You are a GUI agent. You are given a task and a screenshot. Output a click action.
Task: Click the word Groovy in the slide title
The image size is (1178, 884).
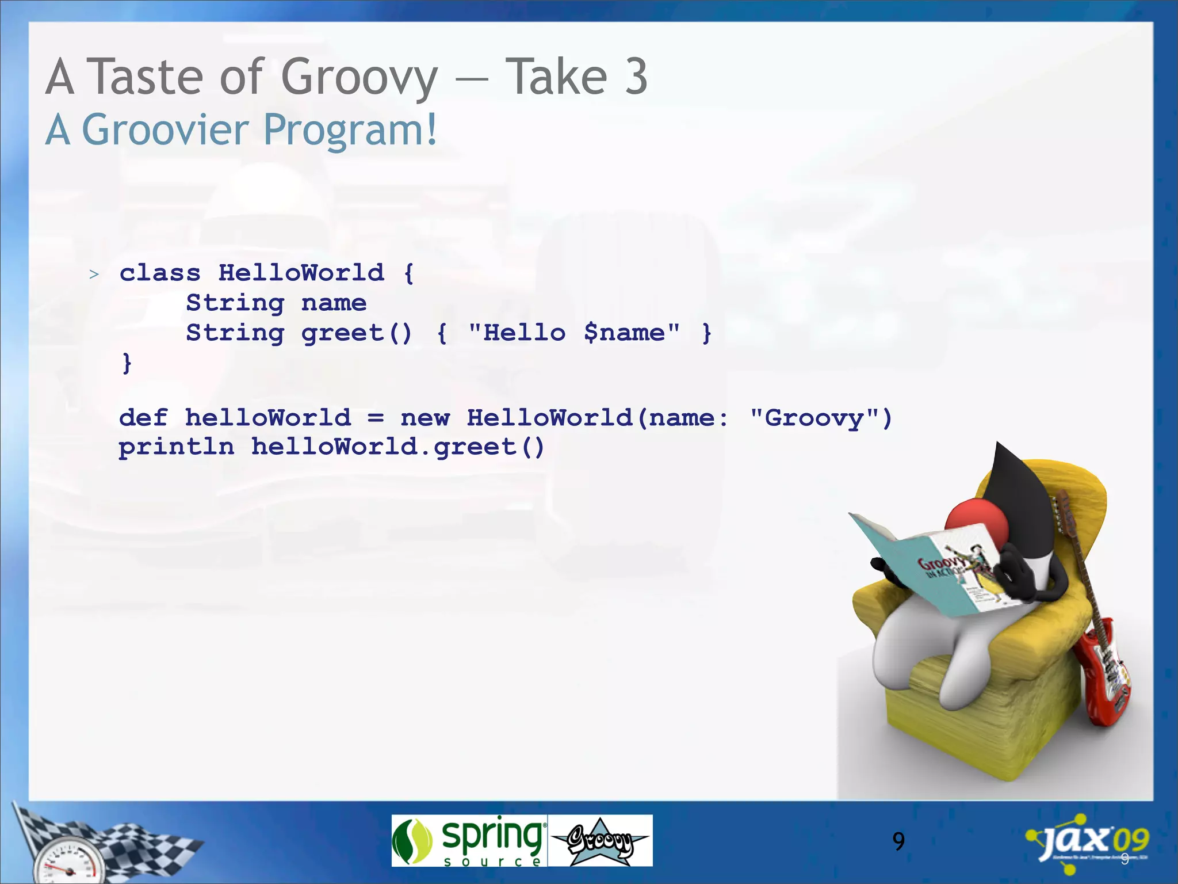(359, 77)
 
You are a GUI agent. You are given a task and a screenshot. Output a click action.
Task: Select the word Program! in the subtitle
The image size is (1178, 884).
(350, 130)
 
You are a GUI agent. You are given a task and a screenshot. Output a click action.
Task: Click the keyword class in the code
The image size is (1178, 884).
(160, 273)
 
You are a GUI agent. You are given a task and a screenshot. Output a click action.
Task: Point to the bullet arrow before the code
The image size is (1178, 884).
(94, 275)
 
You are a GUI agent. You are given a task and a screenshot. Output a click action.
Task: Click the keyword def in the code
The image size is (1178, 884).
(143, 418)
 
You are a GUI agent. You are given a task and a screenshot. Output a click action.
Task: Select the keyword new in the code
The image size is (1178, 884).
(425, 418)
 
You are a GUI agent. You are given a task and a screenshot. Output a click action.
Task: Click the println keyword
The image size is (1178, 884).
(177, 447)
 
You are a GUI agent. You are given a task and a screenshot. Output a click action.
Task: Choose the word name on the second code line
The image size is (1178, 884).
(334, 303)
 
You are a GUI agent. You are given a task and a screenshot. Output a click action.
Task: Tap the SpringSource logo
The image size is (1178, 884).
(469, 840)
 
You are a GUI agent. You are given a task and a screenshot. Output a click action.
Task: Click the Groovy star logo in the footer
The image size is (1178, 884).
(600, 841)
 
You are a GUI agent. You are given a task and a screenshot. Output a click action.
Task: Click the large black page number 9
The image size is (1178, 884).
(898, 841)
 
